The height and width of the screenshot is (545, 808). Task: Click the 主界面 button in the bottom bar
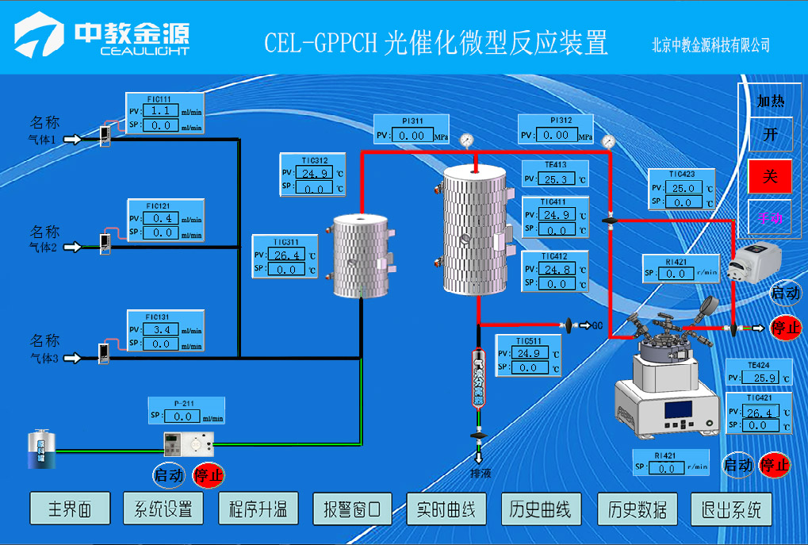click(x=68, y=509)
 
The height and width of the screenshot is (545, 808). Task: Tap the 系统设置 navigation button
click(x=163, y=509)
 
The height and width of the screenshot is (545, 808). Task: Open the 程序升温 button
click(x=258, y=509)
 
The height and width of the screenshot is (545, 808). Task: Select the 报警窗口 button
click(x=352, y=509)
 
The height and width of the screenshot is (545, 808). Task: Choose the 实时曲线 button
click(x=446, y=509)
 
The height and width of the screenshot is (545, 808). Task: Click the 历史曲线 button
click(x=541, y=509)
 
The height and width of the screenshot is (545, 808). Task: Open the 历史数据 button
click(x=637, y=509)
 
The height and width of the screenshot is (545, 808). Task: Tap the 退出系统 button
click(x=731, y=509)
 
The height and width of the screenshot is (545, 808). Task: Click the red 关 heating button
click(x=770, y=176)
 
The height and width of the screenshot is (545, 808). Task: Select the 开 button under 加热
click(x=770, y=134)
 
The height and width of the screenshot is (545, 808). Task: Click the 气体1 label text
click(x=43, y=140)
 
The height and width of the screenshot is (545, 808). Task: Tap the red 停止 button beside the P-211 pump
click(x=209, y=475)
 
